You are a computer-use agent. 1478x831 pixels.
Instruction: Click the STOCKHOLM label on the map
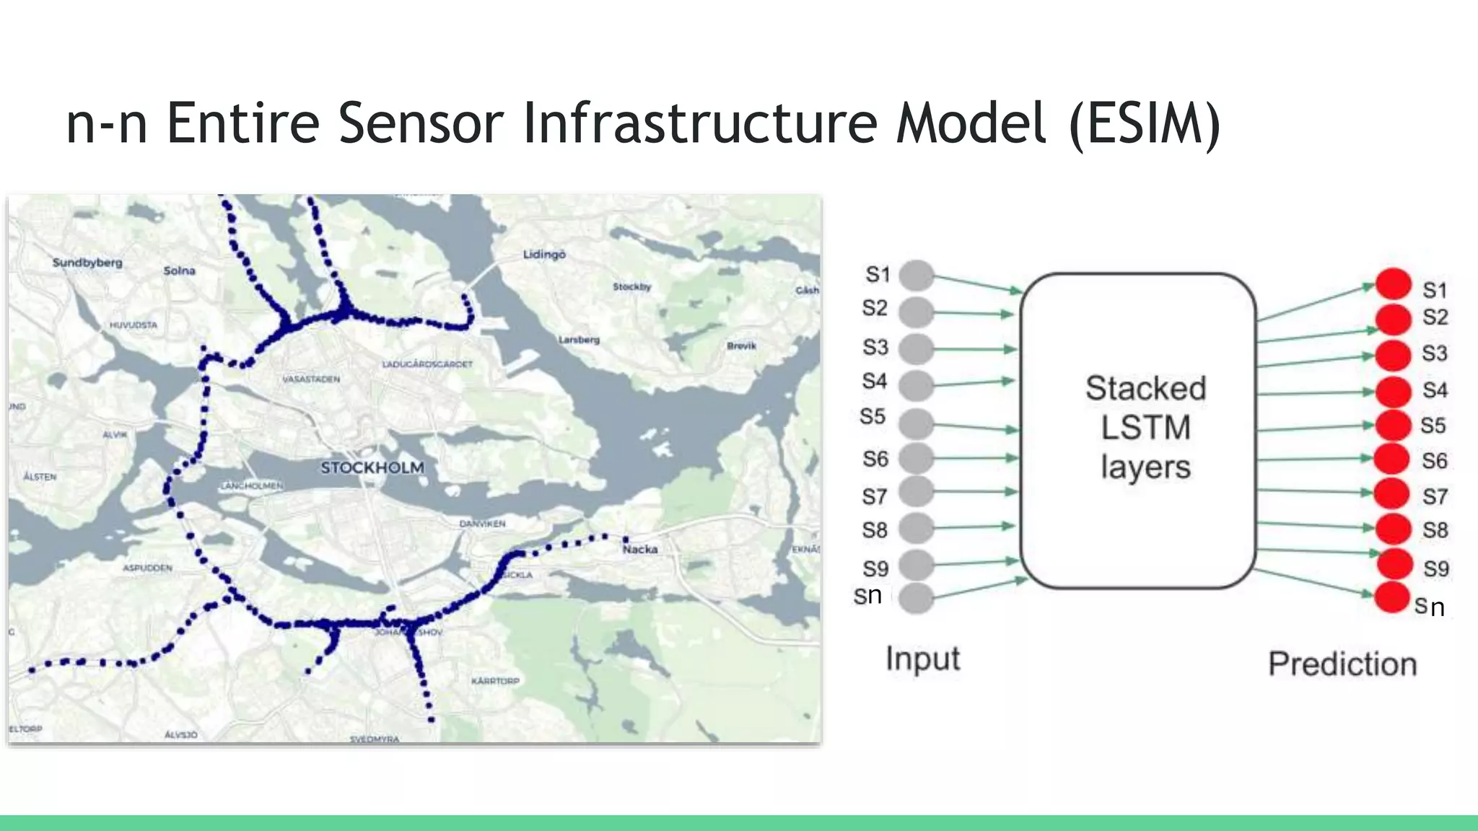coord(372,467)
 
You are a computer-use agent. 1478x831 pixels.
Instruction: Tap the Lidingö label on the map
coord(544,255)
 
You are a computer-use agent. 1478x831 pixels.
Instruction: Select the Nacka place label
coord(640,550)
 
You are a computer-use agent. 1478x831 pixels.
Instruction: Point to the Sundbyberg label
coord(87,263)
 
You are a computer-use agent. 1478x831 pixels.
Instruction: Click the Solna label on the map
coord(179,271)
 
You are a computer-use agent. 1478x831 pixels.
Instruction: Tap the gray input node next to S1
coord(917,276)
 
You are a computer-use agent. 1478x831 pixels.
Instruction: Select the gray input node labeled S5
coord(917,423)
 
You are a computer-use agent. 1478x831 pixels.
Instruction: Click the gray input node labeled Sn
coord(917,598)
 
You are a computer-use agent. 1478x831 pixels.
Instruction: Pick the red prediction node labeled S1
coord(1393,283)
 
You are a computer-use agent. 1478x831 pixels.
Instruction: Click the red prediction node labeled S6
coord(1392,459)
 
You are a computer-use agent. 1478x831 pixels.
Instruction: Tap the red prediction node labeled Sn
coord(1392,597)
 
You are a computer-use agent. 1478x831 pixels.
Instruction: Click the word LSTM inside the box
coord(1145,428)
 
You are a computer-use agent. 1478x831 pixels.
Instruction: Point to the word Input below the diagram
coord(922,659)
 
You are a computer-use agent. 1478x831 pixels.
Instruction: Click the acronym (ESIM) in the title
coord(1145,123)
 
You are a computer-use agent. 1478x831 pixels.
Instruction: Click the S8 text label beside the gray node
coord(875,530)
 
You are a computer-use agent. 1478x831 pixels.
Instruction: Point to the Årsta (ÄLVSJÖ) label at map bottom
coord(180,734)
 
